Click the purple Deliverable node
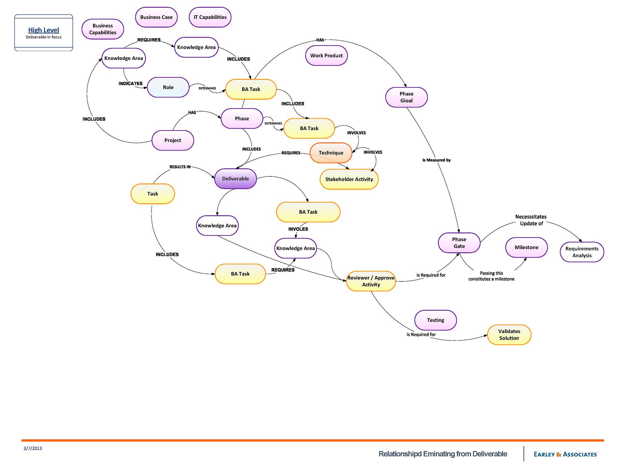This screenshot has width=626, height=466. [235, 179]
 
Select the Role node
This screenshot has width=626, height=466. [168, 87]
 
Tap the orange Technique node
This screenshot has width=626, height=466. [331, 153]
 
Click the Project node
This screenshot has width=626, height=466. [173, 140]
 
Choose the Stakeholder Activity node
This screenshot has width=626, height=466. [349, 179]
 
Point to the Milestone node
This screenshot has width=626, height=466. [526, 247]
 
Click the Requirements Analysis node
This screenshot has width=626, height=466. [582, 252]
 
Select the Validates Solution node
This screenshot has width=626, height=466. [509, 335]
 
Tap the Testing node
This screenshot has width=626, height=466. [436, 320]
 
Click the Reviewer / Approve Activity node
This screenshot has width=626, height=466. [371, 281]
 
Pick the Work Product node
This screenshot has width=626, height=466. [326, 55]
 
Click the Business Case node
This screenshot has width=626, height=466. [156, 17]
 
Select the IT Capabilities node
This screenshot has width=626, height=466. [210, 17]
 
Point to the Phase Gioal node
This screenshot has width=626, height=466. [406, 97]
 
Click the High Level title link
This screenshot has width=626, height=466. [44, 30]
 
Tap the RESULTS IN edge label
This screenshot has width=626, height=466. [180, 167]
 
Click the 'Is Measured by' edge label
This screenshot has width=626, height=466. [436, 160]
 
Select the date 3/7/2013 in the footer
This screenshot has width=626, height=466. [33, 448]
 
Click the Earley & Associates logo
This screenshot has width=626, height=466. [565, 454]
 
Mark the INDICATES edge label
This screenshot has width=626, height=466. [130, 83]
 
